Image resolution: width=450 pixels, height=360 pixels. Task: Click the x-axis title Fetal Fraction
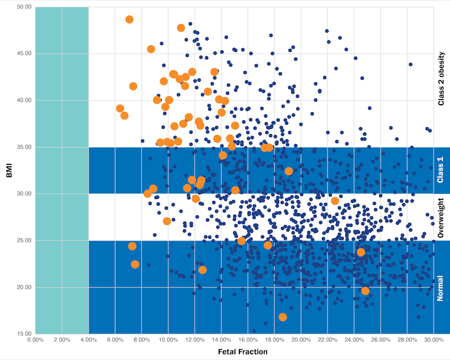[242, 352]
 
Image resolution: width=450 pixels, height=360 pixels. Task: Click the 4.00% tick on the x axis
[88, 340]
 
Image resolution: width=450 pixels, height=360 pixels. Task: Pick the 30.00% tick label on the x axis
[433, 340]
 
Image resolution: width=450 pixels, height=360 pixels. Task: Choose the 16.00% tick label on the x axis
[247, 340]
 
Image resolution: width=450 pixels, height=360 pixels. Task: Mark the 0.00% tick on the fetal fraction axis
[35, 340]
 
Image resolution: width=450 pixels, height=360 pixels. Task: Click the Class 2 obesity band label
[441, 78]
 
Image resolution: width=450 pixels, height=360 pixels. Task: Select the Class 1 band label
[441, 170]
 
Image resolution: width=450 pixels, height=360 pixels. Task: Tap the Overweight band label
[441, 217]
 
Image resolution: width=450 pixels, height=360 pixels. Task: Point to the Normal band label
[441, 287]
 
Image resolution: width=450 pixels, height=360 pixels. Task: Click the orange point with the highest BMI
[129, 19]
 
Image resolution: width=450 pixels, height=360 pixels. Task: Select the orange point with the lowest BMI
[283, 317]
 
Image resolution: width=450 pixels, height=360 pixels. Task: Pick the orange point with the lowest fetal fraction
[120, 109]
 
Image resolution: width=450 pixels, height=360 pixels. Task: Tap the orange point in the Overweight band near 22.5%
[335, 201]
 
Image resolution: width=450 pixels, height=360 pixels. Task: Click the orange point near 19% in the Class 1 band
[289, 171]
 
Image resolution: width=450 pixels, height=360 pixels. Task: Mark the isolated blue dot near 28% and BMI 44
[411, 64]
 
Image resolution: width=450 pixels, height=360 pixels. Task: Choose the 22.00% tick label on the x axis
[327, 340]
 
